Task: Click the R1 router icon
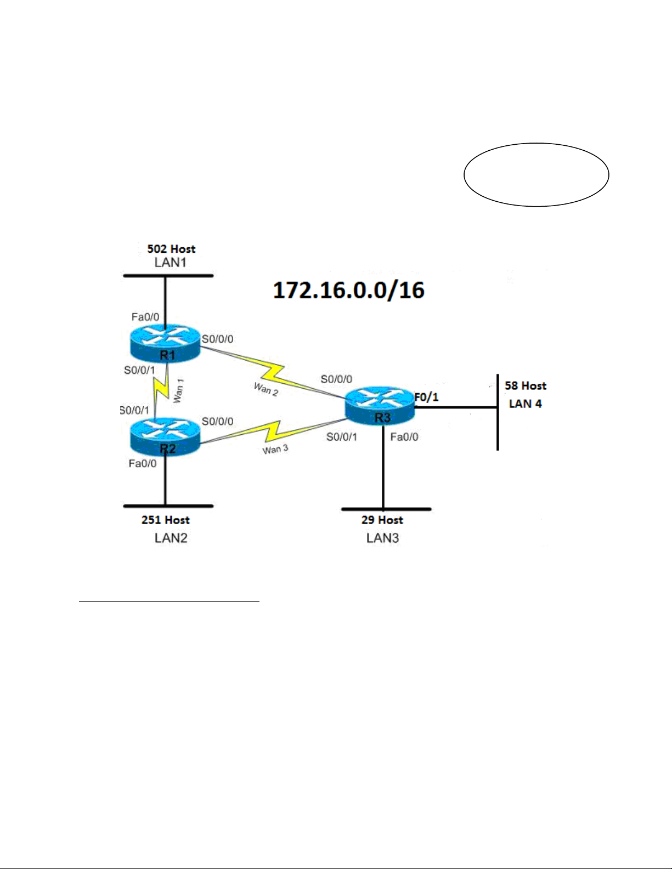[165, 344]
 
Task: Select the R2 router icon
[165, 436]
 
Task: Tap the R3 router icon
[380, 406]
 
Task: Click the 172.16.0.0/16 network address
[348, 291]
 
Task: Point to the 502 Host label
[171, 249]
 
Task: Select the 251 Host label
[165, 520]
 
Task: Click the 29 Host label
[382, 520]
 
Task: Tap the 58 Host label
[525, 386]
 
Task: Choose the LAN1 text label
[171, 263]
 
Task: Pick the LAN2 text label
[171, 538]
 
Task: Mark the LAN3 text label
[382, 538]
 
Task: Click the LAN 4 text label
[525, 404]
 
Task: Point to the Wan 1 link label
[178, 391]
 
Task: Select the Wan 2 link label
[266, 389]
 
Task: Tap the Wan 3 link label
[275, 450]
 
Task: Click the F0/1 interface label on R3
[426, 397]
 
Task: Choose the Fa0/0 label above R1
[145, 317]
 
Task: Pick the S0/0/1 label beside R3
[342, 437]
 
